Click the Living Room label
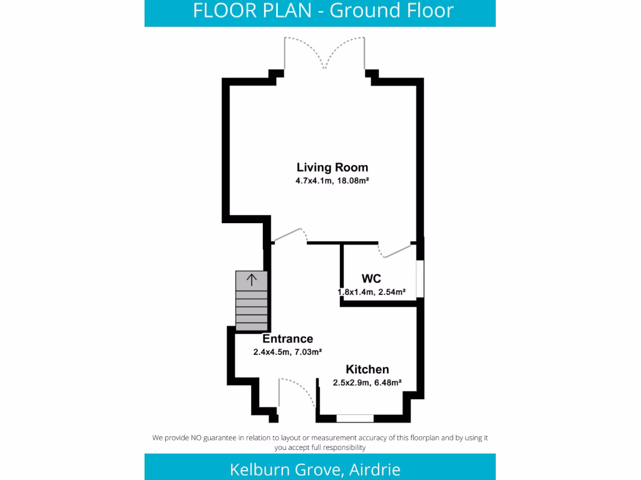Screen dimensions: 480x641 pos(332,167)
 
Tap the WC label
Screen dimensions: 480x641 pos(371,279)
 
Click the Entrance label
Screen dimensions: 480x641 pos(287,339)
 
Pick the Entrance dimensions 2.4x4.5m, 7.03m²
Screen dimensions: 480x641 pos(287,352)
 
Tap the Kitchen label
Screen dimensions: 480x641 pos(367,369)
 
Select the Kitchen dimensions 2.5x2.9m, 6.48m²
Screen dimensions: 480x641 pos(367,382)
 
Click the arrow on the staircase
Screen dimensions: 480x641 pos(251,279)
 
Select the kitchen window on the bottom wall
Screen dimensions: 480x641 pos(355,418)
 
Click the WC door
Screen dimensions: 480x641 pos(396,251)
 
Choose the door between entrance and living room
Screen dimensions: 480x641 pos(289,234)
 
